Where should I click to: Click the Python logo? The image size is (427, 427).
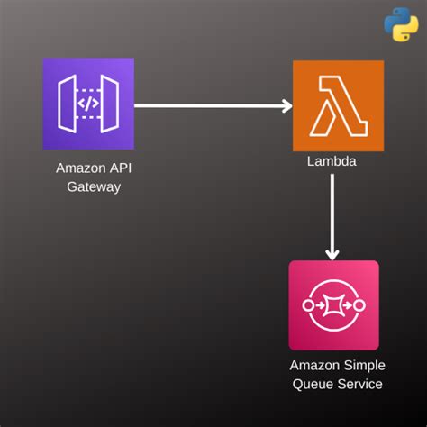click(x=401, y=24)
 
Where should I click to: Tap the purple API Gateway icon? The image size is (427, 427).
click(x=88, y=104)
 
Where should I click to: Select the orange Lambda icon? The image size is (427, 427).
click(x=339, y=105)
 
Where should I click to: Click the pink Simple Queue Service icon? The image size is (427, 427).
click(x=334, y=305)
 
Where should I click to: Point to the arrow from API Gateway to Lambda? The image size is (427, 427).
click(x=213, y=105)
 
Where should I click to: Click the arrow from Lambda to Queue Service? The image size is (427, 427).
click(x=332, y=217)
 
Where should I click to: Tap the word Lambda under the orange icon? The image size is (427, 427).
click(x=332, y=161)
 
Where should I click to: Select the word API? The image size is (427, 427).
click(x=121, y=168)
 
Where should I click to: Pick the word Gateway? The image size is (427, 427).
click(x=94, y=187)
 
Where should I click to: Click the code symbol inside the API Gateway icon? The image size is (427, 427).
click(x=88, y=104)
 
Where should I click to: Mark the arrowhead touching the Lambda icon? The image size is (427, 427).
click(x=286, y=105)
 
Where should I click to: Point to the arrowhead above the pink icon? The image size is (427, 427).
click(x=332, y=255)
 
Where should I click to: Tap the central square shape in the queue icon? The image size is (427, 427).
click(x=333, y=305)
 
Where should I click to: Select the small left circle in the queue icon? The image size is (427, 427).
click(x=308, y=305)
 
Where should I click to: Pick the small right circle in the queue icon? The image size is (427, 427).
click(x=359, y=305)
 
